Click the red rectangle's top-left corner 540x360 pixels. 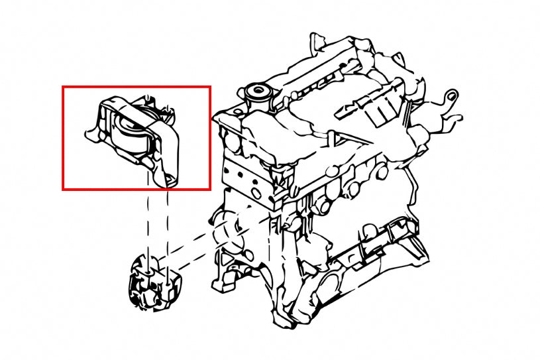63,87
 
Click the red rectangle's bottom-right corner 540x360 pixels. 210,190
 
